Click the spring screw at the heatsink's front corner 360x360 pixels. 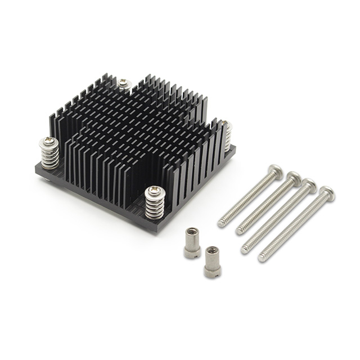coord(154,202)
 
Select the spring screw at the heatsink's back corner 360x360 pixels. coord(124,84)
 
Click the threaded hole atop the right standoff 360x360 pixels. coord(211,250)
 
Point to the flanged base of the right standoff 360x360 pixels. coord(213,274)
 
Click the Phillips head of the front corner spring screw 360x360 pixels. coord(154,191)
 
